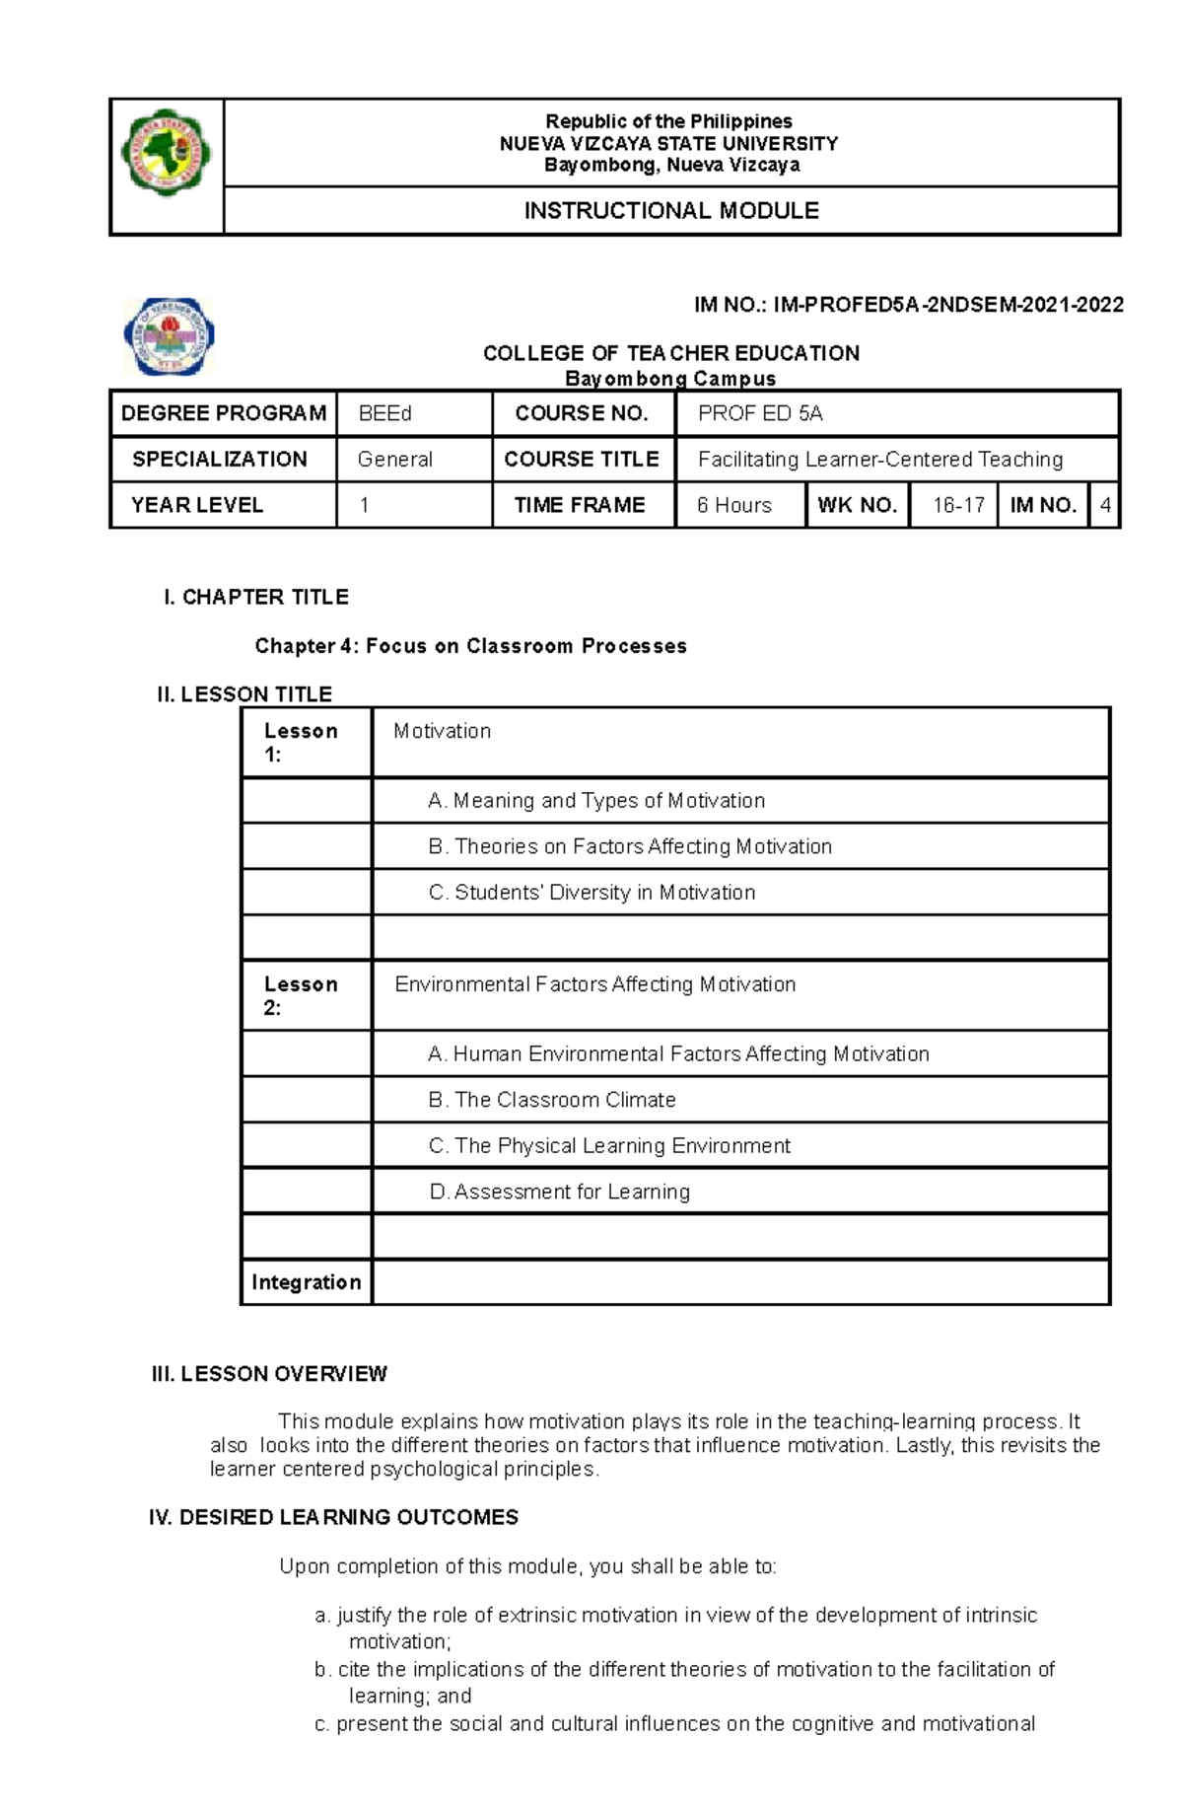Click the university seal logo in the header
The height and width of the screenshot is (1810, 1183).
(x=166, y=154)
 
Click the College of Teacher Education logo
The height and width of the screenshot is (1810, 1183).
(x=169, y=336)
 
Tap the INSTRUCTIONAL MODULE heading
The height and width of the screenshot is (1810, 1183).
(x=670, y=211)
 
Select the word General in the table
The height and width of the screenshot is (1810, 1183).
(x=395, y=459)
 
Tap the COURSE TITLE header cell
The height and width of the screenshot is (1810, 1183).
(x=582, y=459)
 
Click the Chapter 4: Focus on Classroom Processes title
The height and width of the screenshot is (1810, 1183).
(x=470, y=646)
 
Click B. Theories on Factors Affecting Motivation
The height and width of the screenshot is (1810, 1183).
(x=630, y=846)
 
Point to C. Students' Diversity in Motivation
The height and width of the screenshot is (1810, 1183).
(x=591, y=892)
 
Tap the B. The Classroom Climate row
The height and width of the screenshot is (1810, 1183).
(x=552, y=1100)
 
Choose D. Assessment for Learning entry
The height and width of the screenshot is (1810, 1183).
(x=560, y=1192)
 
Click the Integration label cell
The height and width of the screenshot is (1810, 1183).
(x=306, y=1282)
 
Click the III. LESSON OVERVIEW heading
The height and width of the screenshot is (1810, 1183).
(x=269, y=1374)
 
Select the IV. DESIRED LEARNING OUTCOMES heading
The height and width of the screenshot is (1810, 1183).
(x=333, y=1517)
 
